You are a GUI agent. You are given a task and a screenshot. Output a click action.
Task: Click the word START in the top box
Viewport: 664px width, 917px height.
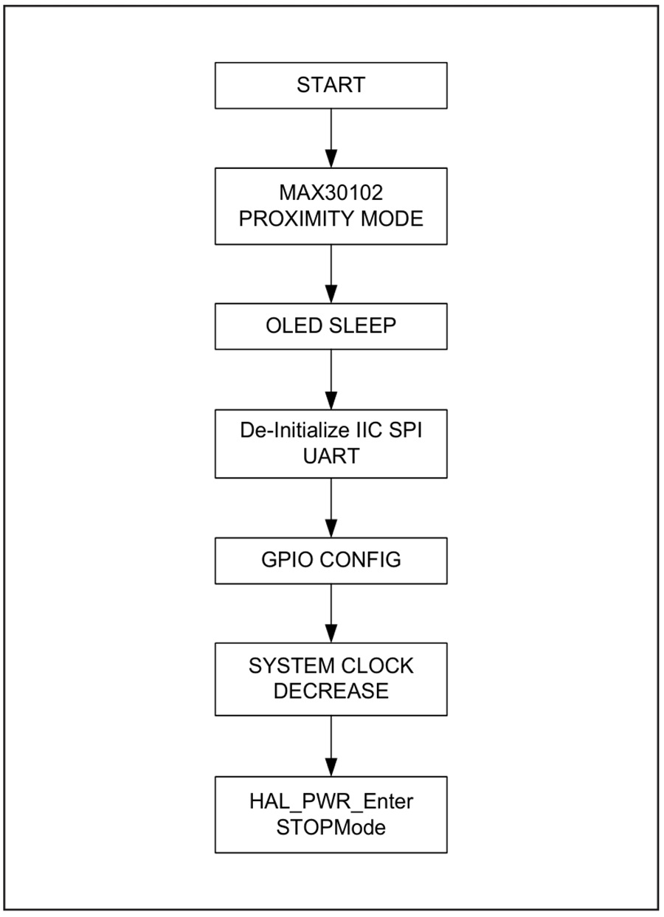point(331,85)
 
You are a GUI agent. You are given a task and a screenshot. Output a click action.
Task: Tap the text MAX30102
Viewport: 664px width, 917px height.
point(331,193)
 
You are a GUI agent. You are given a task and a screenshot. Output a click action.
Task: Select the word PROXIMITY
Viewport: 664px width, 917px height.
point(294,218)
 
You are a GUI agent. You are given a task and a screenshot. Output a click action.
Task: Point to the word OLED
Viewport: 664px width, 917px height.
point(294,326)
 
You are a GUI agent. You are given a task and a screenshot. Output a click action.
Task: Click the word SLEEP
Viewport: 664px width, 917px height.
point(363,326)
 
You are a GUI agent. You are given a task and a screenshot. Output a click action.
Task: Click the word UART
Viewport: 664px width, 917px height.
point(331,456)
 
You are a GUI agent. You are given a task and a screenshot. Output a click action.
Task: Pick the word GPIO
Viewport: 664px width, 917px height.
point(287,560)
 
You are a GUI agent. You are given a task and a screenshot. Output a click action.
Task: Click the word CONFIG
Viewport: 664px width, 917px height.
point(360,560)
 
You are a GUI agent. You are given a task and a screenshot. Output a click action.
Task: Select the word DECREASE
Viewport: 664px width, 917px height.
point(331,691)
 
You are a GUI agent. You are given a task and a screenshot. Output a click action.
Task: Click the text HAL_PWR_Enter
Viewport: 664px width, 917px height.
point(331,801)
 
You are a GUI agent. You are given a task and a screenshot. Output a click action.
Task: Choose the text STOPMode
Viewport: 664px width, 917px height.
point(331,827)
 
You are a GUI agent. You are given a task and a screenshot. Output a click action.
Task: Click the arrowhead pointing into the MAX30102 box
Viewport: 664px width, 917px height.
point(331,159)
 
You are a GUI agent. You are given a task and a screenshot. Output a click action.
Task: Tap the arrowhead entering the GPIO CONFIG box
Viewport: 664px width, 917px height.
point(331,529)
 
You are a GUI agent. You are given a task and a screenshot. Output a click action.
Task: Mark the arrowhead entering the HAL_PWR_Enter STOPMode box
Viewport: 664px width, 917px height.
point(331,768)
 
